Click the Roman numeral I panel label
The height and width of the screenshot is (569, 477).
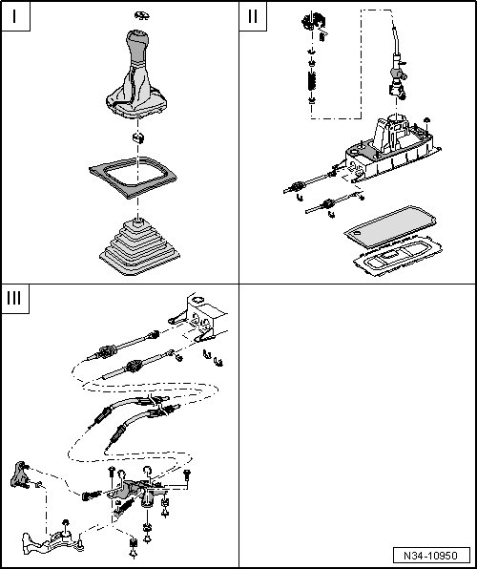click(x=14, y=16)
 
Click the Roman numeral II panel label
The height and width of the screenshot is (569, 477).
click(x=253, y=16)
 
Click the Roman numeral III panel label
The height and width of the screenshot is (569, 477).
click(x=14, y=298)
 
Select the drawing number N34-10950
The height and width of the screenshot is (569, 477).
click(x=431, y=556)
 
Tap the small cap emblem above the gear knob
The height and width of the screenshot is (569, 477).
click(x=141, y=15)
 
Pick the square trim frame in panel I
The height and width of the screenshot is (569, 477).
click(x=133, y=178)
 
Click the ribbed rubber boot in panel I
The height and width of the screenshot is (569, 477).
click(x=139, y=246)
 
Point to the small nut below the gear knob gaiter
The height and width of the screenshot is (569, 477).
click(x=137, y=137)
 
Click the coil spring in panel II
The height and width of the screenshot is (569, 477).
click(x=311, y=81)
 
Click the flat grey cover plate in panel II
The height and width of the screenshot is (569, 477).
click(x=390, y=227)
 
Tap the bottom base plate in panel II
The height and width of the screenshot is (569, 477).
click(x=398, y=256)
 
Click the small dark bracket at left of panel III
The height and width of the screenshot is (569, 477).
click(x=20, y=474)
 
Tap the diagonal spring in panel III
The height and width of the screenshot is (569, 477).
click(x=123, y=507)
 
